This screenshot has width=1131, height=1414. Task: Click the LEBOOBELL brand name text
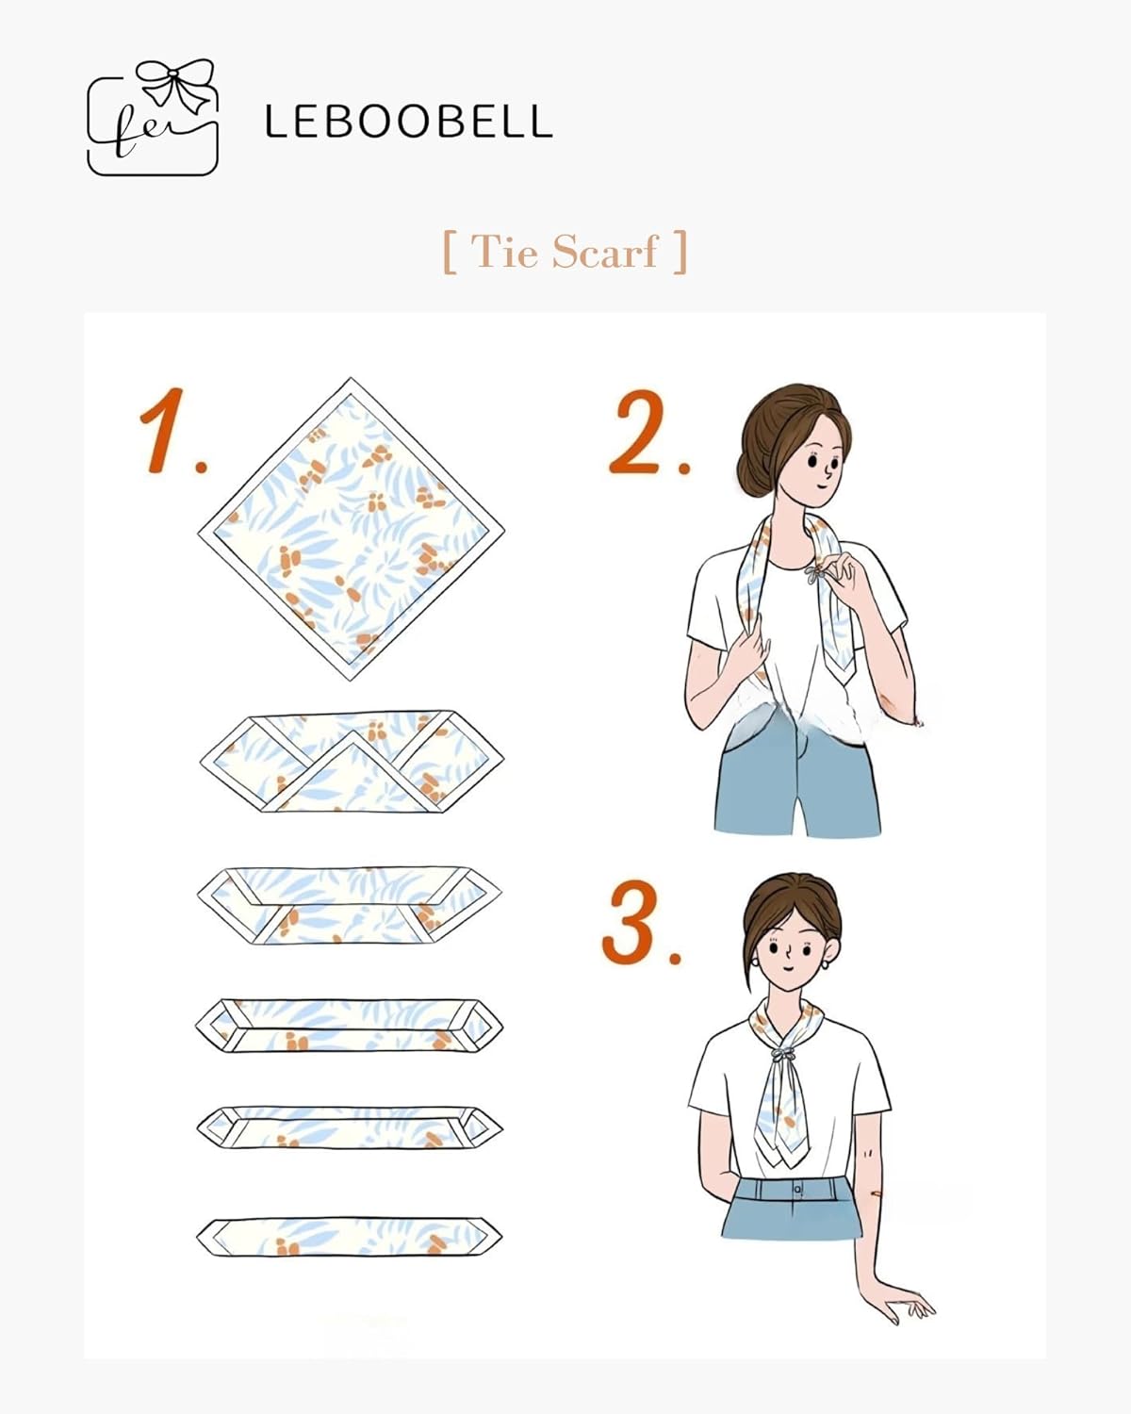[407, 123]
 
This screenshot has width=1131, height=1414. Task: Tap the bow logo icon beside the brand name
[153, 118]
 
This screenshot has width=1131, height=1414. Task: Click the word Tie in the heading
[504, 252]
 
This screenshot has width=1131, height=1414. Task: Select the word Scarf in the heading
[604, 252]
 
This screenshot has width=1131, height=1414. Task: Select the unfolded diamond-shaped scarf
[351, 528]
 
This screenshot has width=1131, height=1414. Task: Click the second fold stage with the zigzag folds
[351, 762]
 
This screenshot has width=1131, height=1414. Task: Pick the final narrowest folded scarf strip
[349, 1236]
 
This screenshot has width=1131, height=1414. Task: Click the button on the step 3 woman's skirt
[797, 1190]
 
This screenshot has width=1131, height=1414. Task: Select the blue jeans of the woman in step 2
[796, 778]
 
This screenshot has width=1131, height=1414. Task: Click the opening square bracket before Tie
[450, 252]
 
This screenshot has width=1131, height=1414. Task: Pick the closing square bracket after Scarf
[680, 252]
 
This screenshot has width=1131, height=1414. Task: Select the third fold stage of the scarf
[349, 905]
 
